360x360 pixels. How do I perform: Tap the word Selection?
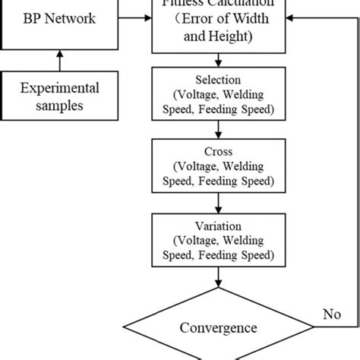pos(218,80)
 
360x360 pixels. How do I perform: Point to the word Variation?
pos(218,225)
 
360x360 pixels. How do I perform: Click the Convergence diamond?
pos(218,328)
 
